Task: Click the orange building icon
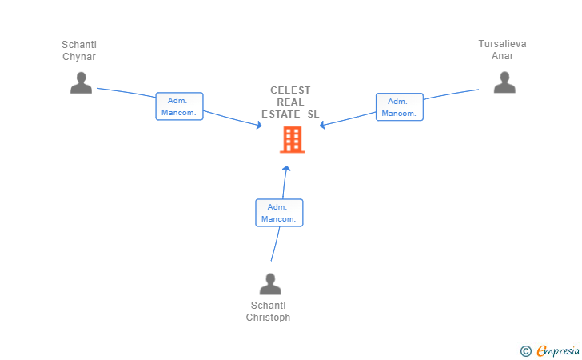click(292, 139)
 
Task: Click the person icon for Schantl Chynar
click(81, 82)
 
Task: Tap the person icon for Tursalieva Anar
click(504, 82)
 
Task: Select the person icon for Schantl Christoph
click(270, 284)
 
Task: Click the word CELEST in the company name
click(290, 90)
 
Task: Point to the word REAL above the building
click(290, 102)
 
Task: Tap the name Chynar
click(79, 56)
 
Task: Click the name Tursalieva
click(502, 44)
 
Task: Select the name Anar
click(502, 56)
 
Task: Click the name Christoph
click(268, 318)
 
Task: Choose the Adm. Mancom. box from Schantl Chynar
click(179, 106)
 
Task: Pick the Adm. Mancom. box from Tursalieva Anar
click(399, 106)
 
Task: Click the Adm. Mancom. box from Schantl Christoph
click(279, 213)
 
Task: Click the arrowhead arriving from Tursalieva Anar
click(322, 125)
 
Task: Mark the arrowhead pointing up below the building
click(286, 168)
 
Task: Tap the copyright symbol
click(525, 350)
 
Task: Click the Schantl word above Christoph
click(268, 306)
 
